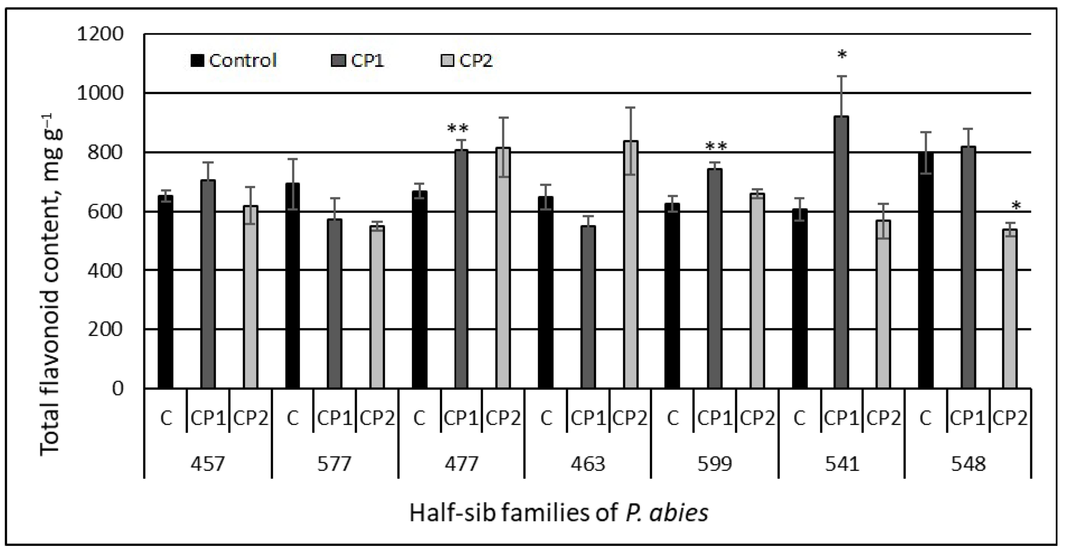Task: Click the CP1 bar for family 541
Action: click(x=841, y=252)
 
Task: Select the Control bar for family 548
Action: click(x=926, y=271)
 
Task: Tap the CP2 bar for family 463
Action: click(x=630, y=265)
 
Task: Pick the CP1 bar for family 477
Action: click(x=461, y=269)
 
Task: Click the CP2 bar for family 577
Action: click(x=377, y=307)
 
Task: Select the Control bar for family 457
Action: click(x=165, y=291)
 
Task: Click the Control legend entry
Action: click(x=233, y=61)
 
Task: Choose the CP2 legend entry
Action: click(x=467, y=61)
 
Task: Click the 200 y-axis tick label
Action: click(x=106, y=329)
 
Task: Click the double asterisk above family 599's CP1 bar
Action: click(x=716, y=147)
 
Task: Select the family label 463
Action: click(x=588, y=464)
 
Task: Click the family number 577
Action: click(x=334, y=464)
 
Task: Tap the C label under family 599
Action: click(x=673, y=418)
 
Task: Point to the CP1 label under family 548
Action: click(x=967, y=418)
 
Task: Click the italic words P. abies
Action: click(x=666, y=513)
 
